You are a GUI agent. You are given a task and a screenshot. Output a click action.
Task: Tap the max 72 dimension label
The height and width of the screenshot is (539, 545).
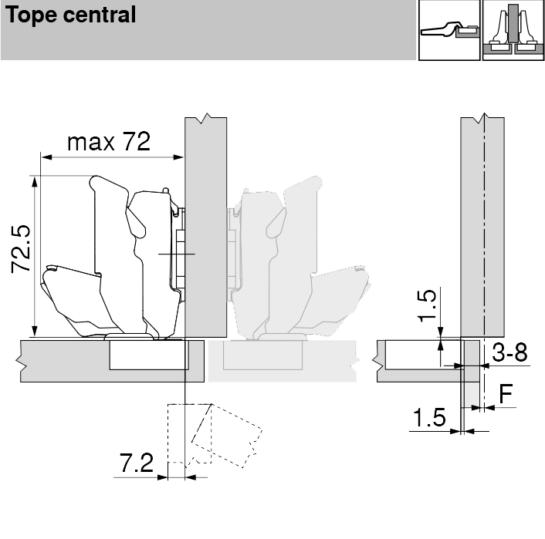click(109, 141)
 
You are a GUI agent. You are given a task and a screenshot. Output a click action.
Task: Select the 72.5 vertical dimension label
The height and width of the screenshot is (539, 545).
click(21, 248)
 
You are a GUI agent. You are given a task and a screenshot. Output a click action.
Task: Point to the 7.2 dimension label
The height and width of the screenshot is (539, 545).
click(137, 463)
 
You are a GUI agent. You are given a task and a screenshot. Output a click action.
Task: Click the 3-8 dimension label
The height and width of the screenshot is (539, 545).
click(509, 352)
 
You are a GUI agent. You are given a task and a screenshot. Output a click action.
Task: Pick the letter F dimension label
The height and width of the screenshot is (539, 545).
click(506, 394)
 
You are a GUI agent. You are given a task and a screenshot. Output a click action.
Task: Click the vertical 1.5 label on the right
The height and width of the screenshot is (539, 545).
click(426, 305)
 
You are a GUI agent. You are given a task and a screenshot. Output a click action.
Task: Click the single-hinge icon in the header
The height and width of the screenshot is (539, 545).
click(449, 30)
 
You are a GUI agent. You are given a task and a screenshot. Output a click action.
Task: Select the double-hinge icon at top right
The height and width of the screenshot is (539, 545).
click(513, 30)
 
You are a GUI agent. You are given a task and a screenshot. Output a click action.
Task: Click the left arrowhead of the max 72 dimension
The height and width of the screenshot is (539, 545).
click(46, 157)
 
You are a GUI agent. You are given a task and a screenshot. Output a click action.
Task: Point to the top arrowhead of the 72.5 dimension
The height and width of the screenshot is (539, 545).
click(35, 181)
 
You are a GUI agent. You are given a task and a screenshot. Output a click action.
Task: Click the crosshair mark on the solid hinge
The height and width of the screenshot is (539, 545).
click(177, 254)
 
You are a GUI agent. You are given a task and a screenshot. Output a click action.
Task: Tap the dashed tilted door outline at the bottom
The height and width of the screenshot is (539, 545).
click(215, 436)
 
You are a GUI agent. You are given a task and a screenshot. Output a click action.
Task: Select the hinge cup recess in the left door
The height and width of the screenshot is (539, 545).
click(149, 355)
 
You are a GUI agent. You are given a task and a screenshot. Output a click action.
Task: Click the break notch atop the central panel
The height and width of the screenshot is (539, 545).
click(207, 118)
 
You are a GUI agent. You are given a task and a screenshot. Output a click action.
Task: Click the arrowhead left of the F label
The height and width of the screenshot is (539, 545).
click(489, 408)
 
